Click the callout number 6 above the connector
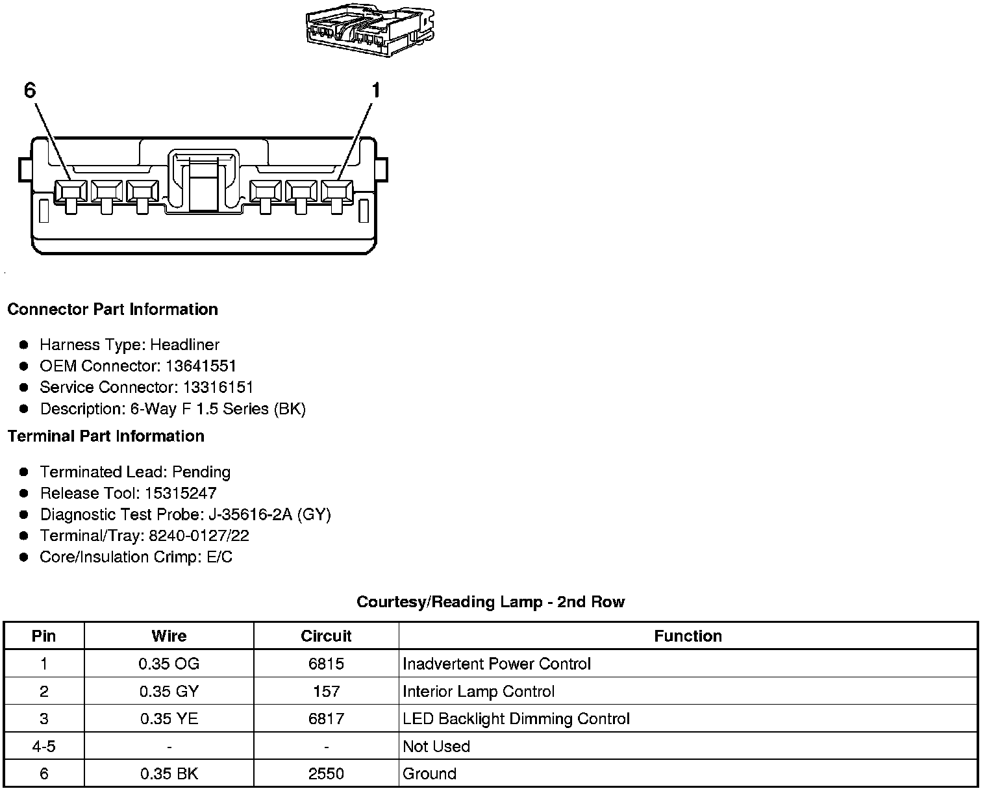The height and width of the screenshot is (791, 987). click(30, 90)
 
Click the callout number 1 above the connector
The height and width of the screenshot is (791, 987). click(375, 90)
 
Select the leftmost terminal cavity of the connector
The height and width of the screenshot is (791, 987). click(70, 190)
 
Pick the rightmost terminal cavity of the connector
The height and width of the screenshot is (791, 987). click(336, 190)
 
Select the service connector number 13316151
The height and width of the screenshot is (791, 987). click(218, 387)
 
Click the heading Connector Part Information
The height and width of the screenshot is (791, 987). click(112, 309)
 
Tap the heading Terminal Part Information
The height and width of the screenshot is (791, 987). click(106, 436)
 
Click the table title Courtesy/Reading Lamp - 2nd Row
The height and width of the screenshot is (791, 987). click(490, 602)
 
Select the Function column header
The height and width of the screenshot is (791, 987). click(688, 636)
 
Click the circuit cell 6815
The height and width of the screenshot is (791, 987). click(326, 664)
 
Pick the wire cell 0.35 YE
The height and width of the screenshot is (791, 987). click(169, 719)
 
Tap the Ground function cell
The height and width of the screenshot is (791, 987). click(430, 773)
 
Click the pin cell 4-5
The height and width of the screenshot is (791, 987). click(44, 746)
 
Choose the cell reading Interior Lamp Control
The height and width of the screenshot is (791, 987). click(479, 692)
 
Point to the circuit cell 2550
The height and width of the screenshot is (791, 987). click(326, 773)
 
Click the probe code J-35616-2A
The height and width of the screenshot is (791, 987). click(250, 515)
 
